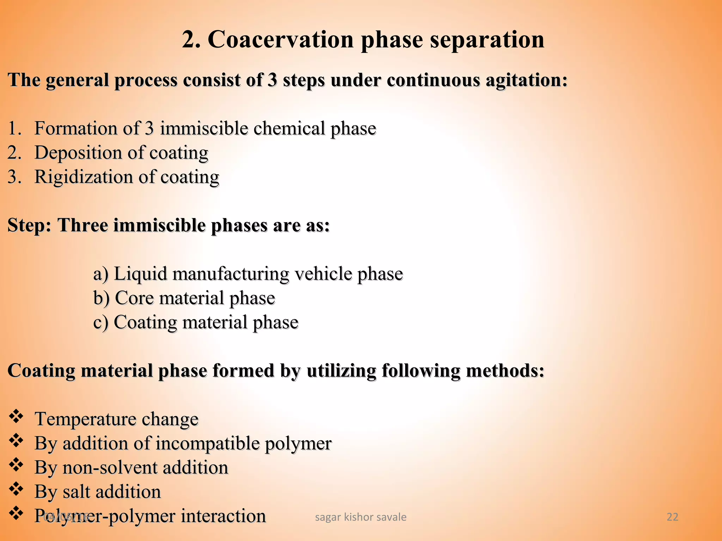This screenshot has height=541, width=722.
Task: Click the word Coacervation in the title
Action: [x=280, y=39]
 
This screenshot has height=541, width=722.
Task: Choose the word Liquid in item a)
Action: [x=140, y=274]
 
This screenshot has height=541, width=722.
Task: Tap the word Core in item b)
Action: [x=134, y=298]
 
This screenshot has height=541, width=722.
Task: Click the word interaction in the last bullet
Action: [x=223, y=516]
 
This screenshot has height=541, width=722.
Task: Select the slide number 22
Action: [x=672, y=517]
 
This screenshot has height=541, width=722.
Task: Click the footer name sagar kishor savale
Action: [x=360, y=517]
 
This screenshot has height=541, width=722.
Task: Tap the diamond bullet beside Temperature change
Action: [x=16, y=417]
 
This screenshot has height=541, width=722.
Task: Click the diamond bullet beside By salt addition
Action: [x=16, y=489]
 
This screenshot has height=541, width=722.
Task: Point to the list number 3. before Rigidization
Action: [x=14, y=177]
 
